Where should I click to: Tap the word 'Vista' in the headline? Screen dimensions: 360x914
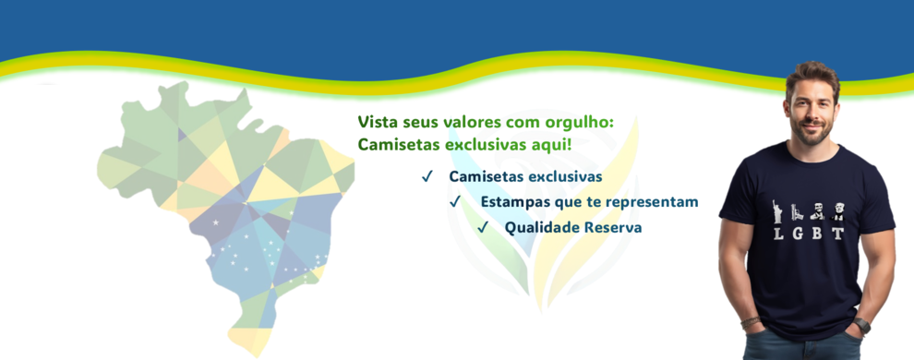(377, 122)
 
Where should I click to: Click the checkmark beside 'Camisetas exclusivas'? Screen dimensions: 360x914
(427, 176)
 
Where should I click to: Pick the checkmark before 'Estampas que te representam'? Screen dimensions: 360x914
(455, 201)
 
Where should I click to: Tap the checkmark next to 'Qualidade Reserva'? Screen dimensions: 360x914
(483, 227)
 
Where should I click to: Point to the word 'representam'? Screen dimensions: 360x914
(655, 201)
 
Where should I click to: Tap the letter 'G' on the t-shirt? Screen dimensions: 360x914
(799, 234)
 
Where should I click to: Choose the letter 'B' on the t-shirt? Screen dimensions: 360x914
(818, 234)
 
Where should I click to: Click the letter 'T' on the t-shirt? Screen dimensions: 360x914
(838, 234)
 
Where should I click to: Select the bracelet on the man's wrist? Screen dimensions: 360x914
(751, 322)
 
